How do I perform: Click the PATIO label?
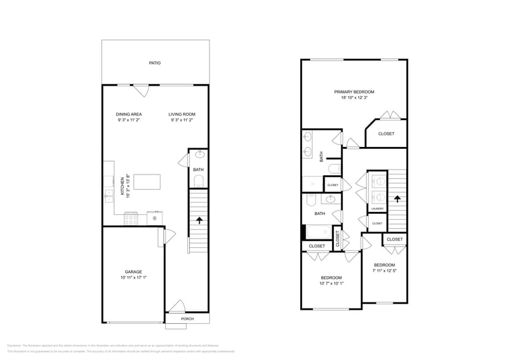click(x=155, y=63)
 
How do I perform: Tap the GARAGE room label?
click(x=133, y=271)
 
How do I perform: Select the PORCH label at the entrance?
click(x=187, y=319)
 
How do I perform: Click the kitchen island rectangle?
click(x=146, y=182)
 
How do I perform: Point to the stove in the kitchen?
click(x=131, y=217)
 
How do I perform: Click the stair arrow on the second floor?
click(x=397, y=198)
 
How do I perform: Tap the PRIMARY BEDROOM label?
click(x=354, y=92)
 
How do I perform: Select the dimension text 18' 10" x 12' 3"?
click(x=354, y=97)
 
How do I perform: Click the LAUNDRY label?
click(x=377, y=209)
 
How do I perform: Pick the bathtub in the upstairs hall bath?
click(x=319, y=233)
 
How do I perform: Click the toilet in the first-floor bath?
click(x=198, y=181)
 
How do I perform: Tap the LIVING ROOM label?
click(x=182, y=114)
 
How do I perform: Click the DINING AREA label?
click(x=129, y=114)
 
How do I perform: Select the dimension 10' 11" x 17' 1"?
click(x=133, y=277)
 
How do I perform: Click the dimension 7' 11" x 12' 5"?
click(x=385, y=271)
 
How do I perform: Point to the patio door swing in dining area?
click(x=141, y=90)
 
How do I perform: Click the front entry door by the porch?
click(x=177, y=306)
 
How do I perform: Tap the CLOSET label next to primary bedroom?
click(x=386, y=133)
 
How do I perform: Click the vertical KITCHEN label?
click(x=123, y=184)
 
